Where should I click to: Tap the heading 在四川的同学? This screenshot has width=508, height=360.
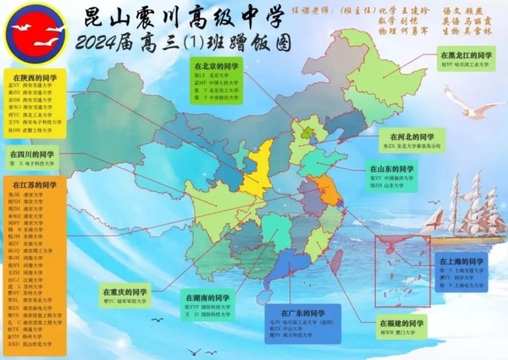click(31, 155)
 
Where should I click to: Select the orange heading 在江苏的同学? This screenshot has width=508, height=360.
click(31, 185)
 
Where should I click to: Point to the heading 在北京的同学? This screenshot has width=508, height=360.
click(215, 65)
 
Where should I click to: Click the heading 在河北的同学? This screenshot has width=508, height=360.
click(411, 136)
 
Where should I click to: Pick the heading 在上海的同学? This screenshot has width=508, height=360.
click(461, 262)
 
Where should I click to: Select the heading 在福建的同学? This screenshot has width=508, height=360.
click(403, 323)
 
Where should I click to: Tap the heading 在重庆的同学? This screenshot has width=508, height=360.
click(124, 290)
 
